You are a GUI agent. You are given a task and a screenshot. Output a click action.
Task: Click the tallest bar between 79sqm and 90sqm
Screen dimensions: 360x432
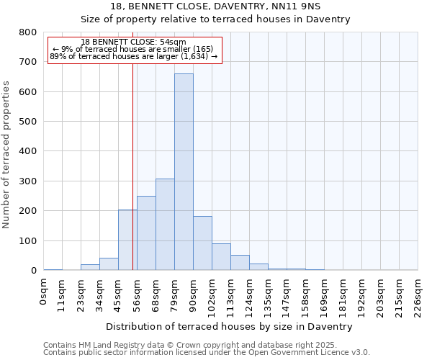tap(184, 172)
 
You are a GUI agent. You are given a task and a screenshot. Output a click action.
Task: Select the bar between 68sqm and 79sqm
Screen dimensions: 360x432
tap(165, 225)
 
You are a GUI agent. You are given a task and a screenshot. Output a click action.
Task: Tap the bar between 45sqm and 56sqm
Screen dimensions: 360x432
tap(127, 240)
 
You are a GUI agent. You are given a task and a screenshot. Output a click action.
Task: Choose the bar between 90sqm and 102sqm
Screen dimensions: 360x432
tap(202, 243)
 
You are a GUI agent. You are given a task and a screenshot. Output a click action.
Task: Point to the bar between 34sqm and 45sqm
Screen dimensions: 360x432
tap(109, 264)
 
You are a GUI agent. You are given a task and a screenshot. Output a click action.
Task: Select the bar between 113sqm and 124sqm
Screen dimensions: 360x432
tap(240, 263)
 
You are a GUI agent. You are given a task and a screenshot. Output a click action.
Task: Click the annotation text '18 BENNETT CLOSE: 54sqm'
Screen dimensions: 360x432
tap(134, 42)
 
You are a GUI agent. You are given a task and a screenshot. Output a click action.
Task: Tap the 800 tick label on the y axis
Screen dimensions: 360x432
tap(28, 32)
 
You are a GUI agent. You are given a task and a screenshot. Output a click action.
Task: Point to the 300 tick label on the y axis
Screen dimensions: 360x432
tap(28, 181)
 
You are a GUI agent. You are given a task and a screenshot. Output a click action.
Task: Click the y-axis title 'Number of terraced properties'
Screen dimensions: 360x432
tap(7, 154)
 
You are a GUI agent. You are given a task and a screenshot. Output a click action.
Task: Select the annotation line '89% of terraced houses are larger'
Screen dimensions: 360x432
tap(134, 56)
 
